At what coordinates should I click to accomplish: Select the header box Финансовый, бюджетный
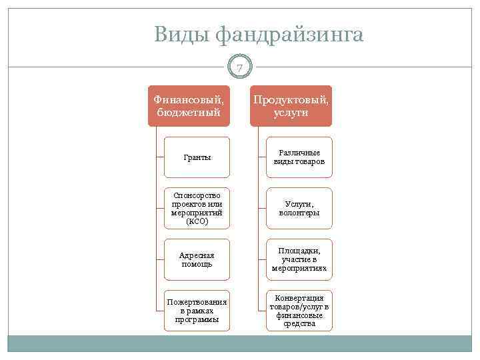click(x=189, y=105)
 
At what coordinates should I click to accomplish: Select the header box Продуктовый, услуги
click(x=291, y=105)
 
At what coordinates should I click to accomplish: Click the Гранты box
click(x=197, y=157)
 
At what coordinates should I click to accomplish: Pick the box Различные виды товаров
click(x=299, y=157)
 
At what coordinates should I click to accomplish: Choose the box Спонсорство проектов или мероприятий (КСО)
click(x=197, y=208)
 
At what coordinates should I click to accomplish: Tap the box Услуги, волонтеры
click(x=299, y=208)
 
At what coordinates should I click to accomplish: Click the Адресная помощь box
click(x=197, y=259)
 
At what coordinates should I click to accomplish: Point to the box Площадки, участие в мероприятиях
click(x=299, y=259)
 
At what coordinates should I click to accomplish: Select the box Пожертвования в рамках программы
click(x=197, y=311)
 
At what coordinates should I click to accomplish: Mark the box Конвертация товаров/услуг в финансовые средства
click(x=299, y=311)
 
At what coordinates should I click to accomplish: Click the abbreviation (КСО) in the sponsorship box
click(x=197, y=221)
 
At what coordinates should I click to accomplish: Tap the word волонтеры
click(x=299, y=213)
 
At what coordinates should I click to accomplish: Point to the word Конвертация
click(x=299, y=297)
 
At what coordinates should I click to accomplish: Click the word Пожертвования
click(x=197, y=302)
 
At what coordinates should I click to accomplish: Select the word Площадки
click(x=299, y=251)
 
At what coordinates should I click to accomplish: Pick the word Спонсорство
click(x=197, y=195)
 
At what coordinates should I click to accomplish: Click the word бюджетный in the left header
click(x=189, y=112)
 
